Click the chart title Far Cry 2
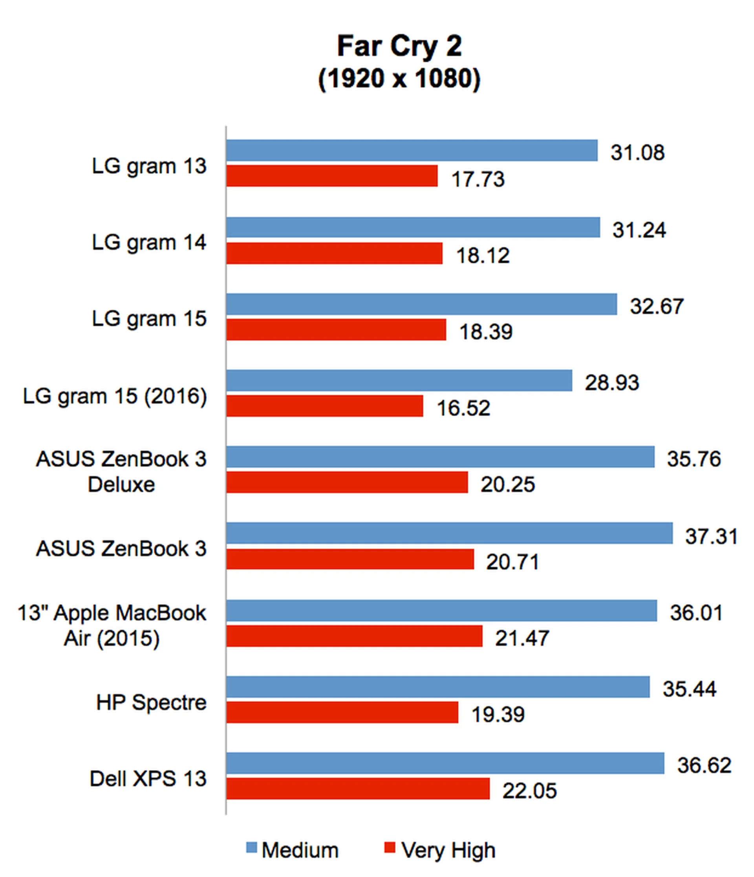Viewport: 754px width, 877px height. [x=399, y=46]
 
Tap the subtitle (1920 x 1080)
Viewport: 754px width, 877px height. [x=399, y=79]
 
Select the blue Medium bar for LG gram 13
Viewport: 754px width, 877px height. [x=412, y=150]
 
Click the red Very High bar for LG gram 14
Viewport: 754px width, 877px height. [x=334, y=253]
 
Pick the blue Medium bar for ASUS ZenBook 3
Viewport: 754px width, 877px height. [x=449, y=533]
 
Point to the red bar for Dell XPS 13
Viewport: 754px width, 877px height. [x=358, y=789]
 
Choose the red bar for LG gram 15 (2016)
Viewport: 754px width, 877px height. [x=324, y=406]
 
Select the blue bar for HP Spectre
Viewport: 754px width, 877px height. [x=438, y=687]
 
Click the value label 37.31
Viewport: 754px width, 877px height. [x=711, y=536]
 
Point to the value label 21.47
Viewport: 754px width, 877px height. [x=522, y=638]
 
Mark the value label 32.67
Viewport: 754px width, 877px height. [x=656, y=307]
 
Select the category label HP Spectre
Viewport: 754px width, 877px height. [x=151, y=703]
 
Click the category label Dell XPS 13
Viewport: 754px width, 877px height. [x=148, y=779]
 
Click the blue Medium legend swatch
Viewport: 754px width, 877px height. [x=251, y=848]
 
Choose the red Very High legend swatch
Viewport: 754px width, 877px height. [x=389, y=848]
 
